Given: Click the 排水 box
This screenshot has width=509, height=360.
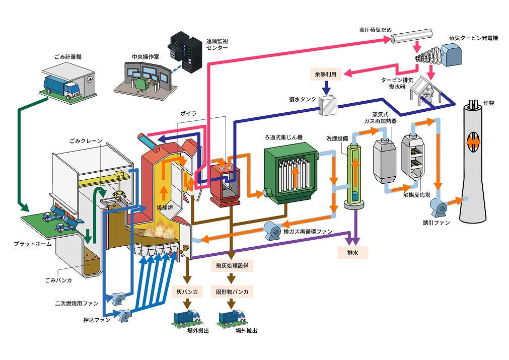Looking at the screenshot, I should click(x=353, y=252).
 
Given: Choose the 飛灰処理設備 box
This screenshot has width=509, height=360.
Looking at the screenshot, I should click(x=231, y=264).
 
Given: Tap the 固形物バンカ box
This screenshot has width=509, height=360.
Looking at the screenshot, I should click(x=232, y=292).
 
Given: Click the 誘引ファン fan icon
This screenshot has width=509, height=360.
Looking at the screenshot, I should click(x=437, y=205).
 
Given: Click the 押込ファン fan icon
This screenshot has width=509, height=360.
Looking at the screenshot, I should click(x=124, y=316).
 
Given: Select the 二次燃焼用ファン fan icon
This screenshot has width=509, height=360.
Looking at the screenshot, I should click(x=119, y=299).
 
